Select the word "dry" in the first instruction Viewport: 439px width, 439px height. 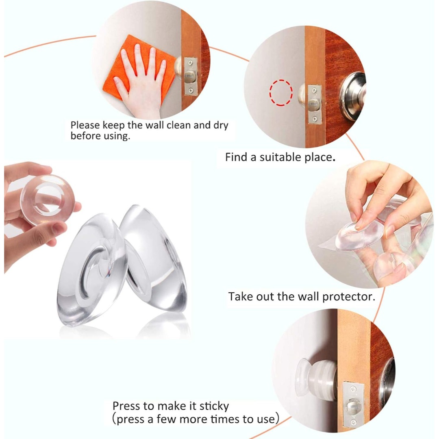coord(221,126)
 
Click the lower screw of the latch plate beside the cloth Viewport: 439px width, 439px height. coord(191,90)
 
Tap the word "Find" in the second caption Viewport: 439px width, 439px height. coord(236,157)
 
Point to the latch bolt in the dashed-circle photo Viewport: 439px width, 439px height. coord(313,105)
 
